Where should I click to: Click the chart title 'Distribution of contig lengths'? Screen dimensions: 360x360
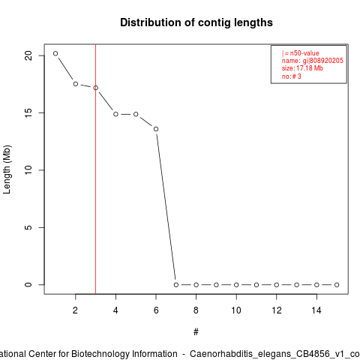(x=196, y=22)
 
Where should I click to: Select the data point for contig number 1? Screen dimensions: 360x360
(x=55, y=53)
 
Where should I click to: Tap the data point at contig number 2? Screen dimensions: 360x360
(x=76, y=84)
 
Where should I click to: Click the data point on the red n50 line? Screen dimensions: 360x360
(x=95, y=88)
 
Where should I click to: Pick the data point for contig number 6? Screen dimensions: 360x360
(x=156, y=129)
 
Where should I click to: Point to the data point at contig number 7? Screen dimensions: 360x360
(x=176, y=285)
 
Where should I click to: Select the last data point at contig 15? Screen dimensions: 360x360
(x=337, y=285)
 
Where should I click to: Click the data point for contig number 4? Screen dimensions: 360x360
(x=115, y=114)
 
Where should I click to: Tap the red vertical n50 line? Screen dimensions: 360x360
(x=95, y=169)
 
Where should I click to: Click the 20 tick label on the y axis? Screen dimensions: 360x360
(x=28, y=55)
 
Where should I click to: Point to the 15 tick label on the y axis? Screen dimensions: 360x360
(x=28, y=112)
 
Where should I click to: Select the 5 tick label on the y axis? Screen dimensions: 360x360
(x=28, y=227)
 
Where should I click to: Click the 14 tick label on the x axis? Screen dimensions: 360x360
(x=316, y=310)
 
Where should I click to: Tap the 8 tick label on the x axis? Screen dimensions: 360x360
(x=196, y=310)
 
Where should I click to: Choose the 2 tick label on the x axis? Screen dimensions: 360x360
(x=75, y=310)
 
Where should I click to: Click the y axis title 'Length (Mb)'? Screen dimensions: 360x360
(x=7, y=169)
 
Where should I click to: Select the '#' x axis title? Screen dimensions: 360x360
(x=196, y=332)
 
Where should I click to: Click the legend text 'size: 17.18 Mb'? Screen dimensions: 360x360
(x=302, y=68)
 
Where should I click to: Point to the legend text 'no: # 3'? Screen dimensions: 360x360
(x=292, y=76)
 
